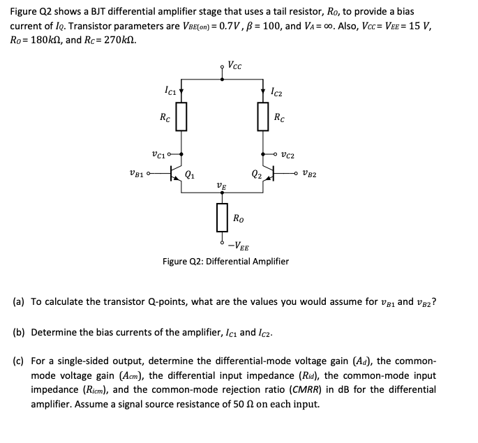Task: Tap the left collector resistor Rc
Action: [181, 117]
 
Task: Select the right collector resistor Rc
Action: [264, 117]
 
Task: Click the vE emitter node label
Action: [221, 186]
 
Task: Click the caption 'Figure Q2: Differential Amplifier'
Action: [225, 262]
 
